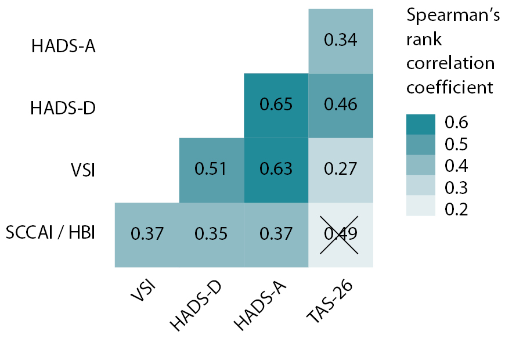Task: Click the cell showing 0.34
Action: tap(340, 41)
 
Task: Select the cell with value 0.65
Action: tap(276, 106)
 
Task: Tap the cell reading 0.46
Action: tap(340, 106)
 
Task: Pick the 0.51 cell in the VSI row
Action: tap(211, 170)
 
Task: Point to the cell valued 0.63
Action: tap(276, 170)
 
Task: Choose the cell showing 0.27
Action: tap(340, 170)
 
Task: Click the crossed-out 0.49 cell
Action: tap(340, 235)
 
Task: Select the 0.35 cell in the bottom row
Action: tap(211, 235)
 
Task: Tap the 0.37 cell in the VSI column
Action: tap(147, 235)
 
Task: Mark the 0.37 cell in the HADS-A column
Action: tap(276, 235)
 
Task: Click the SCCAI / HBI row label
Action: tap(51, 233)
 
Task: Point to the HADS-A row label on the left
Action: tap(63, 46)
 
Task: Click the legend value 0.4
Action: tap(456, 166)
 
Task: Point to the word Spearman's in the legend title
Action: tap(453, 16)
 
